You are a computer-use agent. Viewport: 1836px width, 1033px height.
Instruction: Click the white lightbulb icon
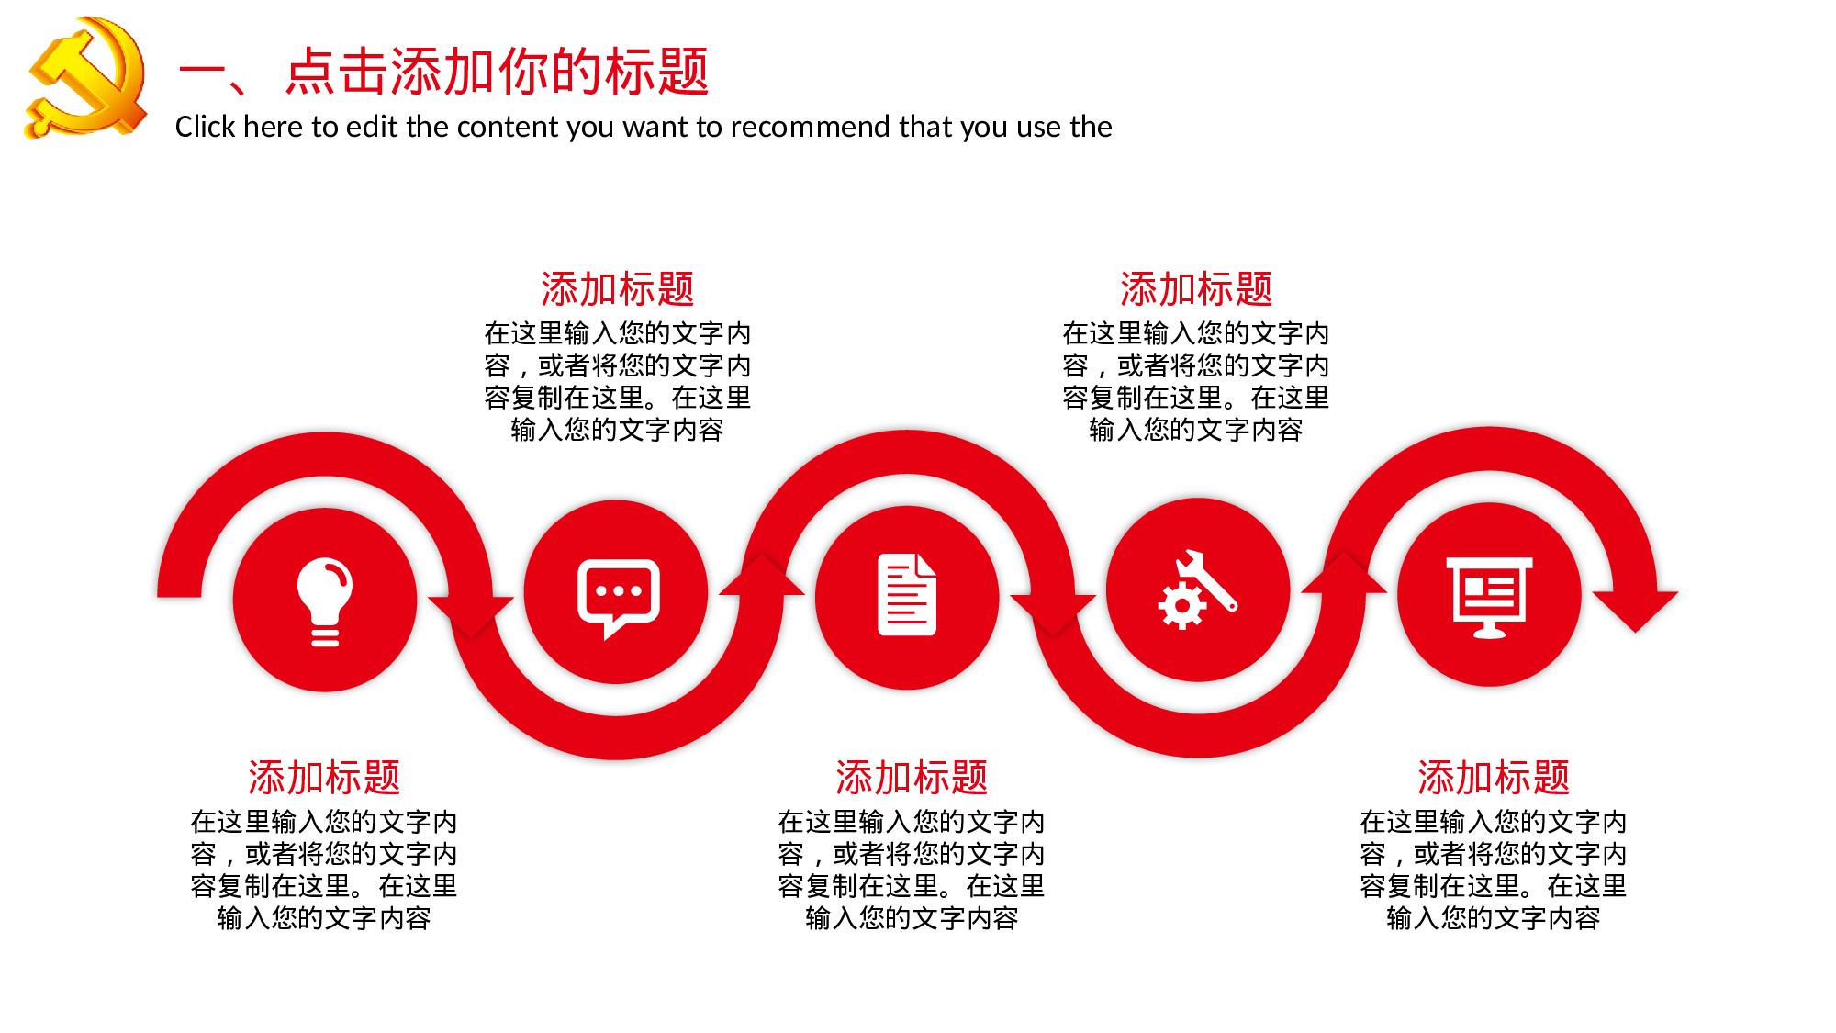(325, 601)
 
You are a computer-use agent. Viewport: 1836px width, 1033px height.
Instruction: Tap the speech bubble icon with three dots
(618, 596)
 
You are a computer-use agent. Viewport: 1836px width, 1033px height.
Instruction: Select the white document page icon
(907, 595)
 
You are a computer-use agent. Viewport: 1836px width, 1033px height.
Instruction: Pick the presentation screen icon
(1489, 596)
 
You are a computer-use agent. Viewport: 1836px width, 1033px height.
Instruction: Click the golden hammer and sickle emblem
(85, 78)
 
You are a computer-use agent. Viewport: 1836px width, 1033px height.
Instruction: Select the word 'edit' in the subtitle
(372, 127)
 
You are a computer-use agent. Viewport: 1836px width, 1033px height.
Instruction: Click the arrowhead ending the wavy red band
(1635, 609)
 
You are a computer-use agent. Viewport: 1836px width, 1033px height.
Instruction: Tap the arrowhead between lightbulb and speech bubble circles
(471, 613)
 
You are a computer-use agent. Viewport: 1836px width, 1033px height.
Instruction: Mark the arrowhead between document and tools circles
(1053, 612)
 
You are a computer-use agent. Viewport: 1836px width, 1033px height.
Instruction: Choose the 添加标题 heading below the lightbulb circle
(324, 778)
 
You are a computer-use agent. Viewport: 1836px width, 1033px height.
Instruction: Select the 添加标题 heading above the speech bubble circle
(617, 289)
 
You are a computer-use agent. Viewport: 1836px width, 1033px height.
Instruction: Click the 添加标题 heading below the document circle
(912, 778)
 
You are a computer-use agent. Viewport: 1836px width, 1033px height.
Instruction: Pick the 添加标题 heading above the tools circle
(1196, 289)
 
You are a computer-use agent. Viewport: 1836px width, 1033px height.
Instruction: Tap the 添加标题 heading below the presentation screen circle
(1494, 778)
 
